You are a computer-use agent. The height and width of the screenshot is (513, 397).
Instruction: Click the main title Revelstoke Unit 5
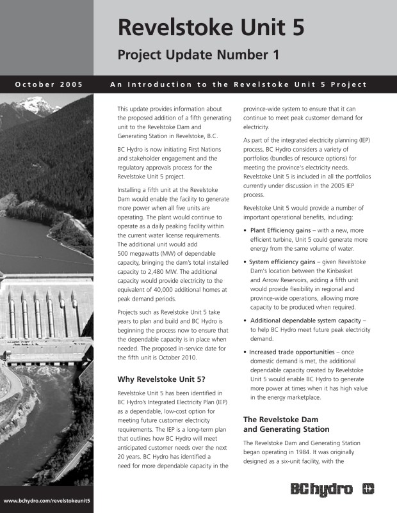(x=211, y=27)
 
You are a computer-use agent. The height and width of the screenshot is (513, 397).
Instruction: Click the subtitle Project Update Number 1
(x=199, y=55)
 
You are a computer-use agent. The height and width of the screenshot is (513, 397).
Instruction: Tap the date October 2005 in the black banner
(x=49, y=84)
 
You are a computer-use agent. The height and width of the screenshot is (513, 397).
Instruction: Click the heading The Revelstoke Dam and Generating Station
(x=286, y=424)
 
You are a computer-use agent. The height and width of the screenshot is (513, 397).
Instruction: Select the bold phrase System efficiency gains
(x=285, y=262)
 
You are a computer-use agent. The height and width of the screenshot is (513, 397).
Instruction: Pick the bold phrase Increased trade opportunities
(x=296, y=351)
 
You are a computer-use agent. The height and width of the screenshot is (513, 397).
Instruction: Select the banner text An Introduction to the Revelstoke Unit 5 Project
(x=238, y=84)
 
